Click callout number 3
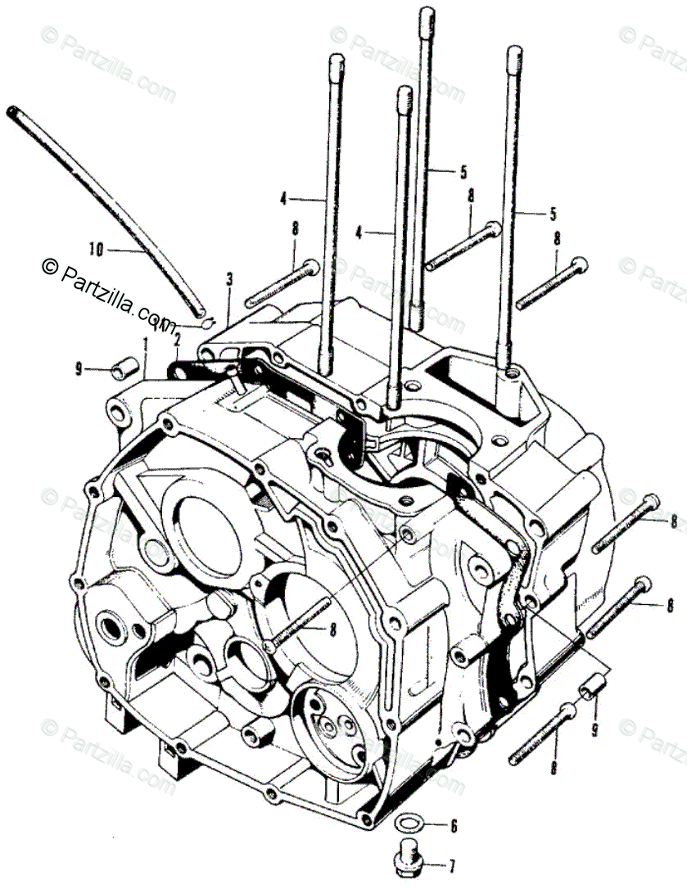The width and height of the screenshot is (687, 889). tap(229, 278)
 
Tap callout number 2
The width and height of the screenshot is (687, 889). tap(177, 337)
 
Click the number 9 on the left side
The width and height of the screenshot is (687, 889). tap(79, 370)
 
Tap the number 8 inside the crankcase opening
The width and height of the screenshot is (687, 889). tap(333, 629)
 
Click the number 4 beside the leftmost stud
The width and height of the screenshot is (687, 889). tap(283, 197)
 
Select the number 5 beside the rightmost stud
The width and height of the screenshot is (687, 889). tap(554, 214)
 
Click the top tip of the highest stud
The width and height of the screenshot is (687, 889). tap(426, 12)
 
